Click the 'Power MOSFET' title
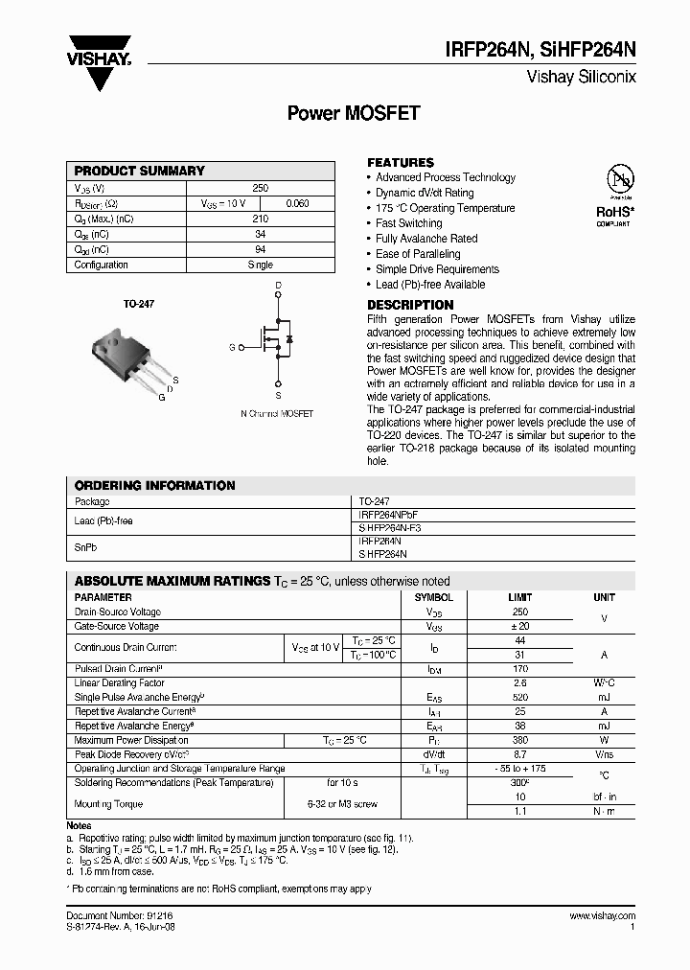355,113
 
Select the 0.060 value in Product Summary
298,203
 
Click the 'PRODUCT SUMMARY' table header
140,171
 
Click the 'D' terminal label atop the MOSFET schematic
278,286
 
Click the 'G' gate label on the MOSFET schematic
231,346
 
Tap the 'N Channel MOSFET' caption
277,413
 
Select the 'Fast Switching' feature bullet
409,223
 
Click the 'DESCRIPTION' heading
410,305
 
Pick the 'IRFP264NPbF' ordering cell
389,514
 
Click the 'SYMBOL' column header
434,597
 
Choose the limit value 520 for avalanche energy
520,697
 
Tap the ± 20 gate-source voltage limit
520,626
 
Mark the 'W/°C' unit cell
604,682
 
